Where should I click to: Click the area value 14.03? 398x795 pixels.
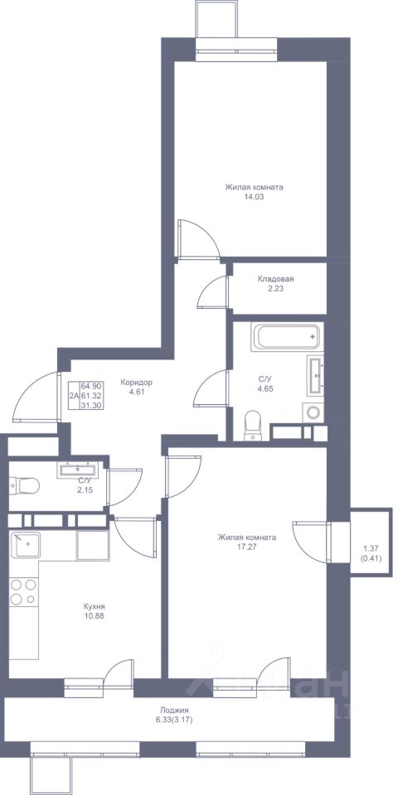[254, 196]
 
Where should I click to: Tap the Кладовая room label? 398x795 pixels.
[275, 279]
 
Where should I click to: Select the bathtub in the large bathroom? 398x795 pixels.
[287, 337]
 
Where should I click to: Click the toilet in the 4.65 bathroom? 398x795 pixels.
[252, 426]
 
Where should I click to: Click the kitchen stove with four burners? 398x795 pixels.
[23, 591]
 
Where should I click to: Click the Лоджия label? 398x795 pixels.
[170, 711]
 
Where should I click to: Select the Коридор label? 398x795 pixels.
[137, 383]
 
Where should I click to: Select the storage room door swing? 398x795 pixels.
[213, 292]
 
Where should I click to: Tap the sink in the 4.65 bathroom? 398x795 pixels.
[315, 374]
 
